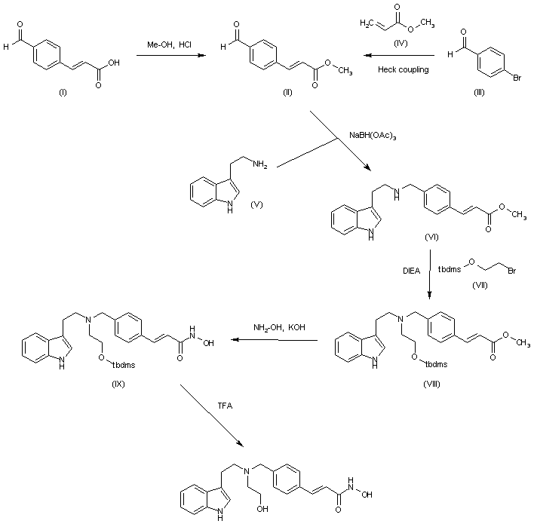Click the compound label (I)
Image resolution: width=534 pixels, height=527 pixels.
click(x=63, y=92)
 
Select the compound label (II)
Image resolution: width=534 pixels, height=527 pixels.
click(x=288, y=92)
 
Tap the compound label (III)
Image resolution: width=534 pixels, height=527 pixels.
click(x=479, y=92)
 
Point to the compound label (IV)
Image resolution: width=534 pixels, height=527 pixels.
click(x=400, y=43)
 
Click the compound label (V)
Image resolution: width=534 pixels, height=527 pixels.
click(x=256, y=204)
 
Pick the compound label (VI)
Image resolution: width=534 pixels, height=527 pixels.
click(x=431, y=237)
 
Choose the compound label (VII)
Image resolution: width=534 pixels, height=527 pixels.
click(x=480, y=285)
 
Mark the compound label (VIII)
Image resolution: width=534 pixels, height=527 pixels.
click(x=431, y=384)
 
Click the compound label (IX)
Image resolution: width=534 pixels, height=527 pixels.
click(x=118, y=384)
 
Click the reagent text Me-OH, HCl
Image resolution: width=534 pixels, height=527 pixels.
click(x=169, y=44)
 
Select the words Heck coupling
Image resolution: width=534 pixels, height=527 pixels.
click(x=404, y=70)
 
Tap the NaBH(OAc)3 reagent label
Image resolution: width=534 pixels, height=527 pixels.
click(x=373, y=136)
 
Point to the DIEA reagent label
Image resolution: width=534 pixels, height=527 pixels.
click(x=411, y=271)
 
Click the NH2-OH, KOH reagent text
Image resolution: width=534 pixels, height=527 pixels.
click(x=279, y=327)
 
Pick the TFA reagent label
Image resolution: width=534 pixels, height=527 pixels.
click(x=225, y=406)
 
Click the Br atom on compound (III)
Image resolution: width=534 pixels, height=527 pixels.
click(x=517, y=78)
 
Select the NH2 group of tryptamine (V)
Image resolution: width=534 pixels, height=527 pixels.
click(x=260, y=164)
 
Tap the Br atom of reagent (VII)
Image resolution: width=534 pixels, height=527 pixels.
click(x=512, y=271)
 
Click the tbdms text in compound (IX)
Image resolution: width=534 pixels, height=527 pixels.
click(x=124, y=366)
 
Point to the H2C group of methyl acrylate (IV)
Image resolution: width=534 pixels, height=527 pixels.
click(x=367, y=23)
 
